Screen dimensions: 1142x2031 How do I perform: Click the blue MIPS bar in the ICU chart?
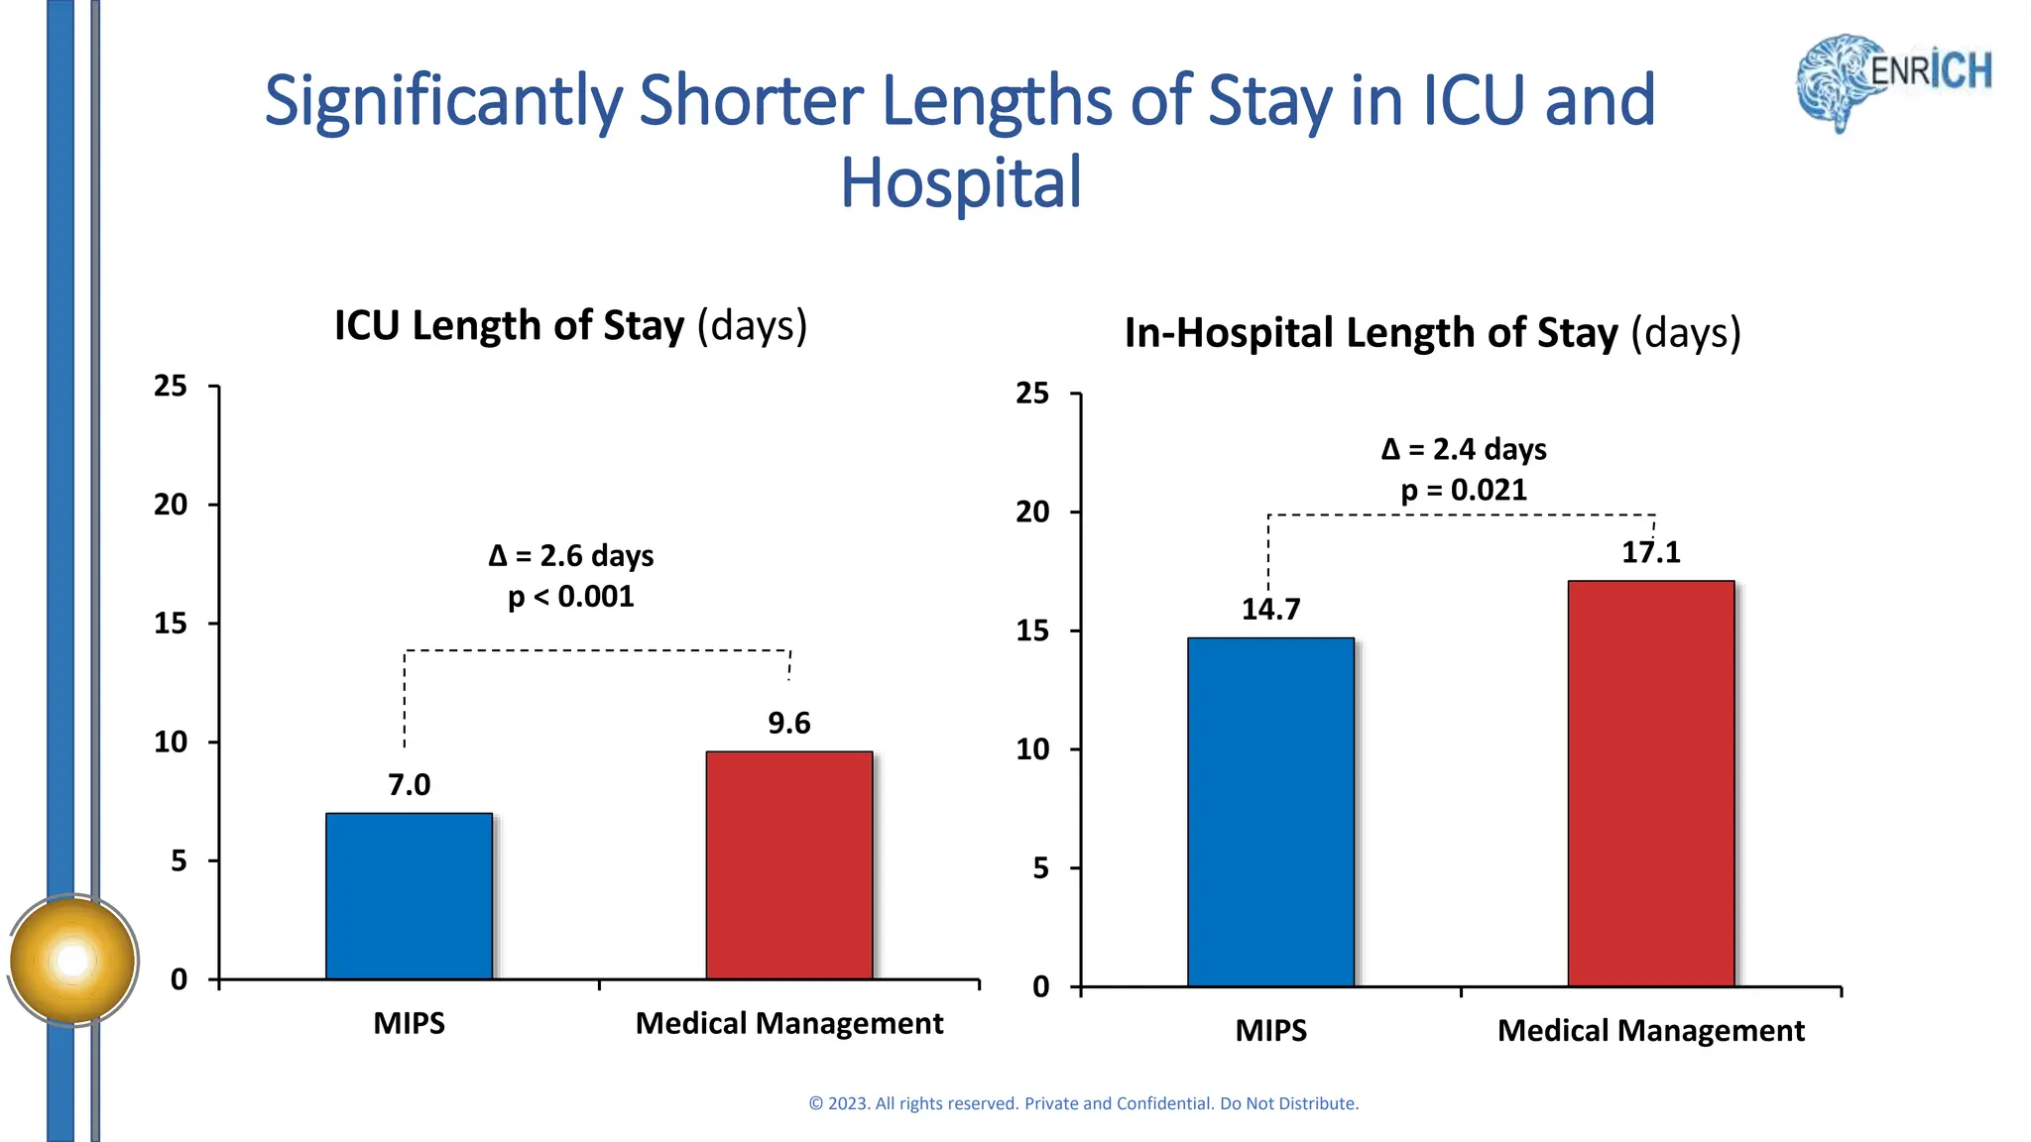click(x=409, y=896)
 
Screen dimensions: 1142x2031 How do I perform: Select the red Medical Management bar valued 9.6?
click(x=789, y=865)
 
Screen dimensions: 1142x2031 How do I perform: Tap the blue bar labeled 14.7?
click(x=1270, y=812)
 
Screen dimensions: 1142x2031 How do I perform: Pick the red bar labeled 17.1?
click(x=1650, y=783)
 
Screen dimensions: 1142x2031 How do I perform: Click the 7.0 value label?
click(x=409, y=785)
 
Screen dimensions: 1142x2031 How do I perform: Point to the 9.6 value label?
click(x=789, y=724)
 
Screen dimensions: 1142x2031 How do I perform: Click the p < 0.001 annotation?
click(x=571, y=597)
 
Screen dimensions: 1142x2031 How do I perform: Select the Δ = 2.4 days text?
click(x=1464, y=450)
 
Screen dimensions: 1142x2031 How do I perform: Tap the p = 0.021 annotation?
click(x=1464, y=491)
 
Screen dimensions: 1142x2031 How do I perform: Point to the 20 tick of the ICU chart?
click(x=171, y=505)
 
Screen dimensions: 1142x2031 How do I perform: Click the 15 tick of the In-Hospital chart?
click(x=1032, y=631)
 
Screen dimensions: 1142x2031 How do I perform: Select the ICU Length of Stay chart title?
click(x=571, y=326)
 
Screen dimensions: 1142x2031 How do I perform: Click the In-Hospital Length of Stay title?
click(x=1432, y=333)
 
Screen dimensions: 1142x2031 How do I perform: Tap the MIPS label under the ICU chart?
click(x=409, y=1023)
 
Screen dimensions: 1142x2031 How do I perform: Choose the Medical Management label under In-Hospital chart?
click(x=1650, y=1031)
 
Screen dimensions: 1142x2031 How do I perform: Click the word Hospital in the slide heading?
click(x=960, y=183)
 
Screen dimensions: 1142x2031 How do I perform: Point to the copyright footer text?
click(x=1083, y=1103)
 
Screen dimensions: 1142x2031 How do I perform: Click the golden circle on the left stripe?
click(x=72, y=960)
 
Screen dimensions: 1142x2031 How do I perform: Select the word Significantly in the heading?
click(x=443, y=102)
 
